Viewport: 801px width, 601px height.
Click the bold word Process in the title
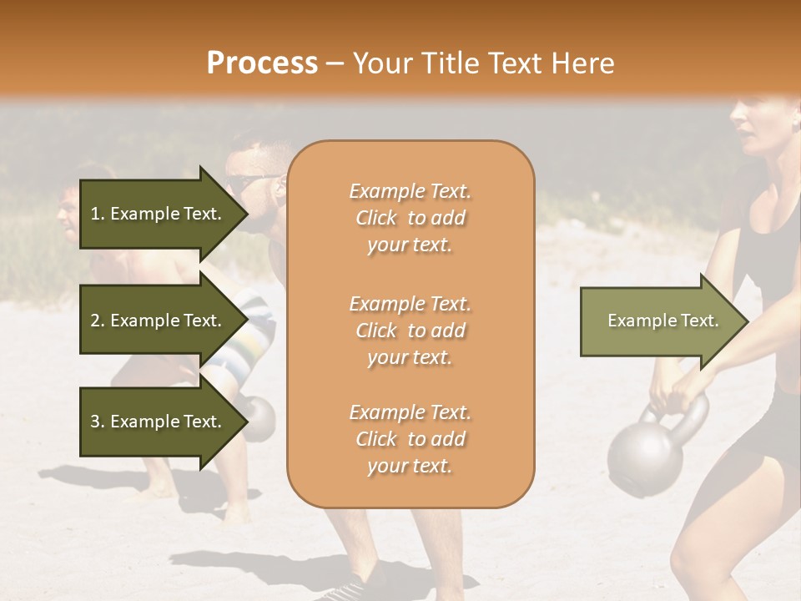pyautogui.click(x=262, y=63)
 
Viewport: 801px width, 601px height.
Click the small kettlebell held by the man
pyautogui.click(x=260, y=417)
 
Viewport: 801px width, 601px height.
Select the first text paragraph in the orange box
pyautogui.click(x=410, y=218)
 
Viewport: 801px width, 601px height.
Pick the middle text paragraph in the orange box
pyautogui.click(x=410, y=331)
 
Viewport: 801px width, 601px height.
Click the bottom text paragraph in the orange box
pyautogui.click(x=410, y=439)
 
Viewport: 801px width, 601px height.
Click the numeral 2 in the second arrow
pyautogui.click(x=94, y=321)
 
